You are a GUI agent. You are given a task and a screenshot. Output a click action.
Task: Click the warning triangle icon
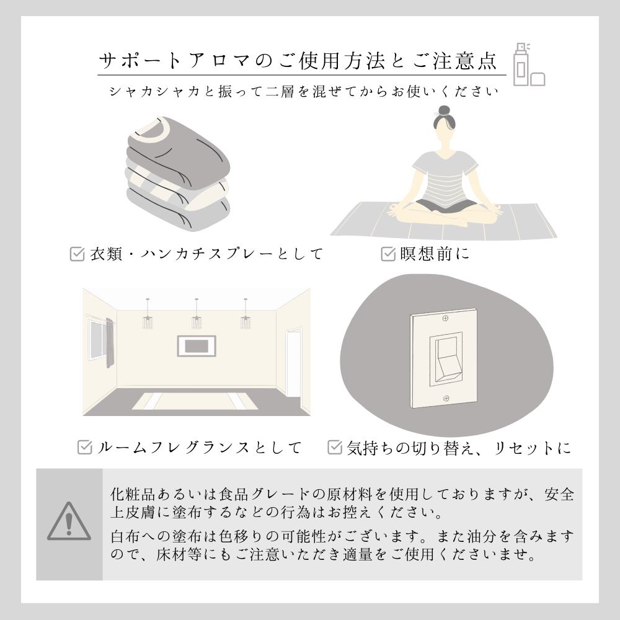69,522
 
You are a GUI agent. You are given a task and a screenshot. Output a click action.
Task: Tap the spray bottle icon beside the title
522,64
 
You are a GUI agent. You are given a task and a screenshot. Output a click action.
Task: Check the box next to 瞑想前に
388,254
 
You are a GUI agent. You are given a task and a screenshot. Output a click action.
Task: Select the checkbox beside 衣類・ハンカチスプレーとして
77,254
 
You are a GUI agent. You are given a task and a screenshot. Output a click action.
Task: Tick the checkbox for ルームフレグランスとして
84,447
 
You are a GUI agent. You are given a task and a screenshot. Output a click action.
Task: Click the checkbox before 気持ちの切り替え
335,447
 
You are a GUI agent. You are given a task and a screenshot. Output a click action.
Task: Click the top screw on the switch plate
446,318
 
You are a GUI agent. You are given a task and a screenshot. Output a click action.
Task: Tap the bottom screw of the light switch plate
446,398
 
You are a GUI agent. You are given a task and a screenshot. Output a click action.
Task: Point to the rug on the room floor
195,401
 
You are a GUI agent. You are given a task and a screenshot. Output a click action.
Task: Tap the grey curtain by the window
110,343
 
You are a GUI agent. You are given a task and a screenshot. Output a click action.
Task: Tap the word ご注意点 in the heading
454,61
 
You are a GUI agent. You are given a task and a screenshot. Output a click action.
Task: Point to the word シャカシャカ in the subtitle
154,92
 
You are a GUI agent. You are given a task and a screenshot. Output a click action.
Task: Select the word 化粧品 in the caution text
133,494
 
